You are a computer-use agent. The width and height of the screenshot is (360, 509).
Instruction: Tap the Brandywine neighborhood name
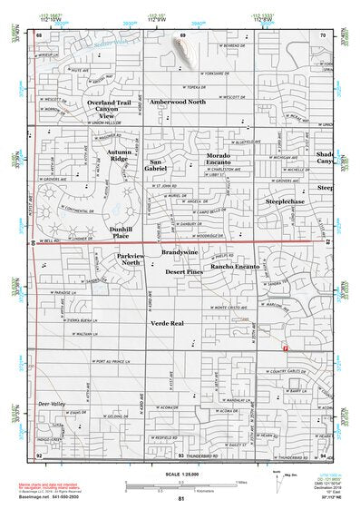point(180,251)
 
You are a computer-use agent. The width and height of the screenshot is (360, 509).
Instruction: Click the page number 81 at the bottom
point(180,499)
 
